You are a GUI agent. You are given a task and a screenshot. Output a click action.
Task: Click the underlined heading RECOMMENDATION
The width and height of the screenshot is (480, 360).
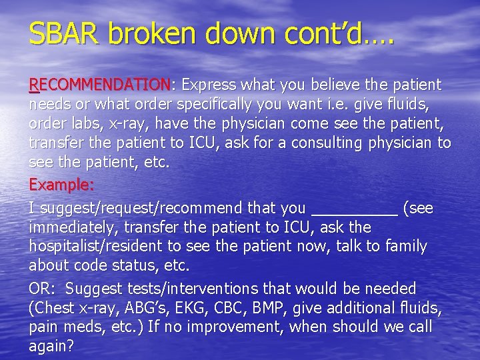(x=100, y=85)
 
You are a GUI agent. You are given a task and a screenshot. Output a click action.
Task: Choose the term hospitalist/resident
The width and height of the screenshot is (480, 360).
(x=105, y=246)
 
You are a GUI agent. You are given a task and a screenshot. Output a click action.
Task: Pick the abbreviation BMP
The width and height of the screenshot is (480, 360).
(x=289, y=308)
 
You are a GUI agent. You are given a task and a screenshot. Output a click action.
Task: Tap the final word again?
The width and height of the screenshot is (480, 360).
(x=52, y=346)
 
